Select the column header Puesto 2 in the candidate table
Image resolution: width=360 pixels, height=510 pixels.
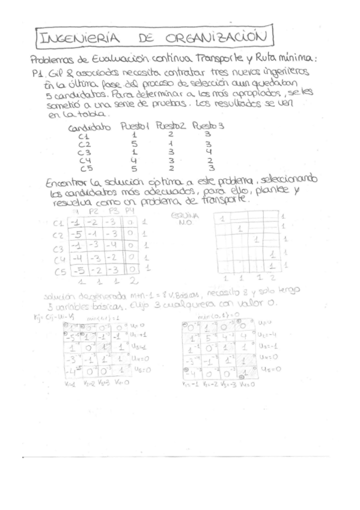pos(170,126)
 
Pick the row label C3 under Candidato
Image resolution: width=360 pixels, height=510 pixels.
pos(85,152)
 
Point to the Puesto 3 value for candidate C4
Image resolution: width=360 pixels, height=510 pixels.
pos(207,161)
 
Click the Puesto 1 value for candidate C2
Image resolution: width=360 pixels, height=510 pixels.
pos(135,144)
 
